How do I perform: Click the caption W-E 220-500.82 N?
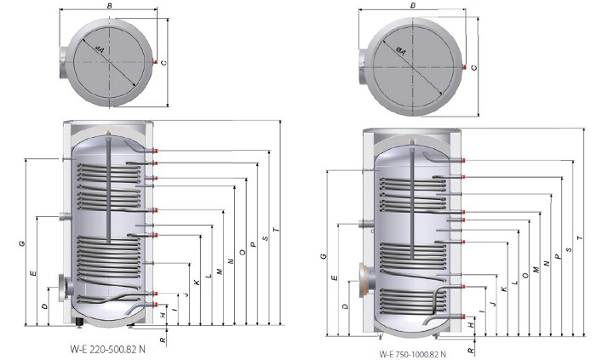107,349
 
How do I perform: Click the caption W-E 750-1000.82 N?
413,354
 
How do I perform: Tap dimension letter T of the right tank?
580,238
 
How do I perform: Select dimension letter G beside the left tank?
22,243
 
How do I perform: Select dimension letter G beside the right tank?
324,256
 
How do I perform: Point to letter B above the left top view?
110,5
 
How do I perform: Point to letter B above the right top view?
413,5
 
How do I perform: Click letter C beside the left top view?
164,63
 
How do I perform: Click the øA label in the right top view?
400,51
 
